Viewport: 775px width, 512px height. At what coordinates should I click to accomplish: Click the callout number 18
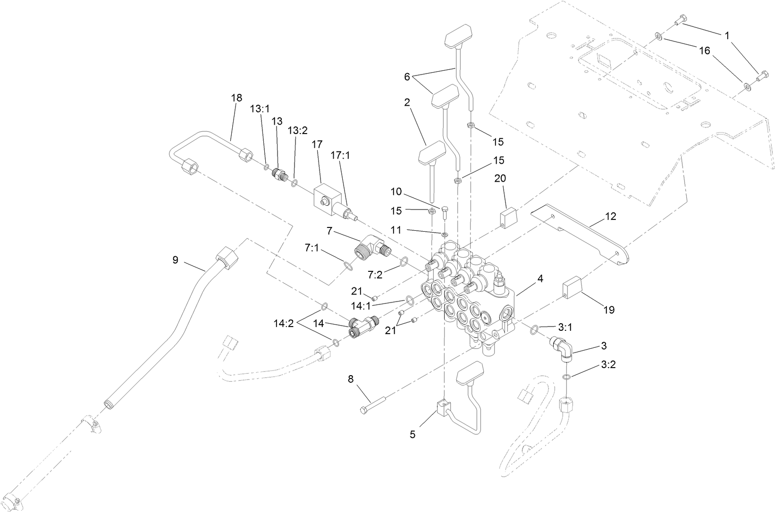tap(236, 98)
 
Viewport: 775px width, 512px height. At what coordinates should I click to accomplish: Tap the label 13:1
tap(259, 109)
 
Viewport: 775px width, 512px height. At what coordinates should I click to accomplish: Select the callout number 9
tap(176, 260)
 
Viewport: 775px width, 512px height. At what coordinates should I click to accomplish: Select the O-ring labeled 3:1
tap(533, 329)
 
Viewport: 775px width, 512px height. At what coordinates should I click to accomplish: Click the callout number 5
tap(413, 435)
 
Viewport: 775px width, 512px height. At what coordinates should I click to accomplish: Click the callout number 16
tap(704, 51)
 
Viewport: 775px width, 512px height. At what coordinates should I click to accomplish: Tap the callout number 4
tap(540, 279)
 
